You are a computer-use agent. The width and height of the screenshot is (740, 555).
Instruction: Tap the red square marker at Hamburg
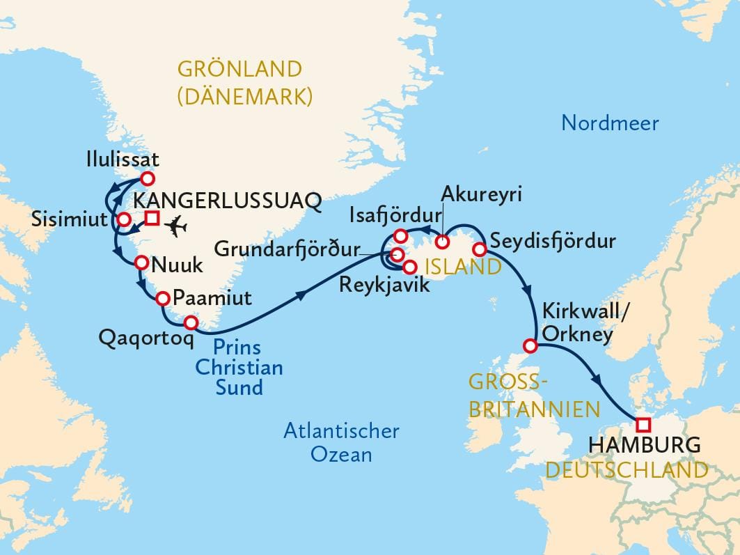click(643, 424)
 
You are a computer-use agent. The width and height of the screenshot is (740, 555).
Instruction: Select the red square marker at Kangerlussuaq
click(152, 219)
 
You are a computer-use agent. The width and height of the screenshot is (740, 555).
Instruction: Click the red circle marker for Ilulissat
click(147, 178)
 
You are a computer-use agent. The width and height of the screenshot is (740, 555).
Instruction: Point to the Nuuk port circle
click(141, 263)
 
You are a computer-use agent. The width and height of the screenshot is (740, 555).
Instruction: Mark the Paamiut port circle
click(162, 299)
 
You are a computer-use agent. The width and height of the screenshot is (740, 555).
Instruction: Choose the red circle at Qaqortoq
click(190, 322)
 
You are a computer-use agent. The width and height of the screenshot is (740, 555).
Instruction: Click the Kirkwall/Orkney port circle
click(530, 345)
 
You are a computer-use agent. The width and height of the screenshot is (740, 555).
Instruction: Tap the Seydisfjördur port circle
click(479, 249)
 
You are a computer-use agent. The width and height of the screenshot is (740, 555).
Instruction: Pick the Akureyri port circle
click(442, 242)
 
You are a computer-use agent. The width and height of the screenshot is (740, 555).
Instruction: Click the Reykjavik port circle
click(409, 265)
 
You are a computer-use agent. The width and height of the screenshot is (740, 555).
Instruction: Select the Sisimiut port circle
click(123, 220)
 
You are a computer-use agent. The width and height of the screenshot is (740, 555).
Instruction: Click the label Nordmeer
click(610, 124)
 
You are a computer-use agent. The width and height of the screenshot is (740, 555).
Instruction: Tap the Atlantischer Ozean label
click(341, 442)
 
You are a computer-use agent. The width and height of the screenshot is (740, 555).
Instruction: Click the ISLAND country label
click(463, 267)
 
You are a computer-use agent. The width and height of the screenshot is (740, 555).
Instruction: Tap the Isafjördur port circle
click(401, 235)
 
